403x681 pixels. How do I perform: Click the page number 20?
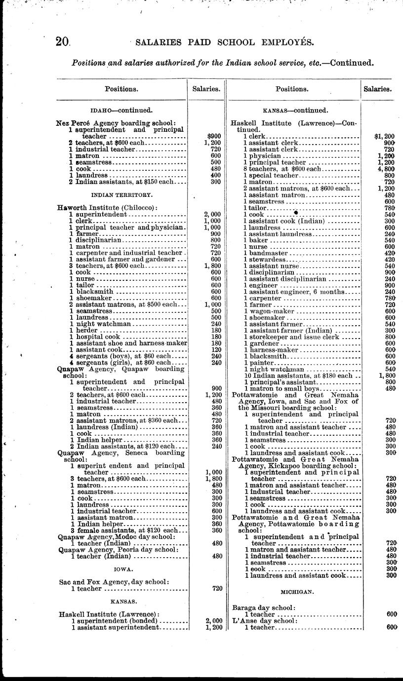coord(63,42)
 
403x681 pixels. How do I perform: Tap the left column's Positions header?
coord(121,89)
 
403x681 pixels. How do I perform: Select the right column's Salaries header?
coord(378,89)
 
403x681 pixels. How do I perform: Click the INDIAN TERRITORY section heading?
coord(121,195)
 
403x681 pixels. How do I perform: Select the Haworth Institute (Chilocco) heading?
coord(107,208)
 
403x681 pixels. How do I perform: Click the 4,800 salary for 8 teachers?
coord(387,168)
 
